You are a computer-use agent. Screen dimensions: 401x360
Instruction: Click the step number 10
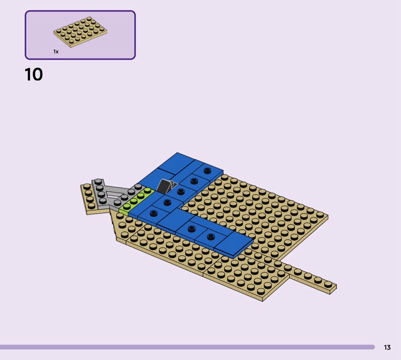tap(34, 74)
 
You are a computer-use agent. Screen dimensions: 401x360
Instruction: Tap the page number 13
tap(387, 347)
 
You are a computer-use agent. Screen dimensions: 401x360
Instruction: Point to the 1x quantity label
tap(56, 52)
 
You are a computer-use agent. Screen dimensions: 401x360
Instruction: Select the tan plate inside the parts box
tap(80, 32)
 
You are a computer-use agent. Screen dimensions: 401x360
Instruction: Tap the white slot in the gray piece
tap(114, 195)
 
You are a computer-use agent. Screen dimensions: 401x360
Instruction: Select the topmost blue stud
tap(208, 170)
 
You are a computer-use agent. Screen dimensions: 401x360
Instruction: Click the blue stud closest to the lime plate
tap(153, 213)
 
